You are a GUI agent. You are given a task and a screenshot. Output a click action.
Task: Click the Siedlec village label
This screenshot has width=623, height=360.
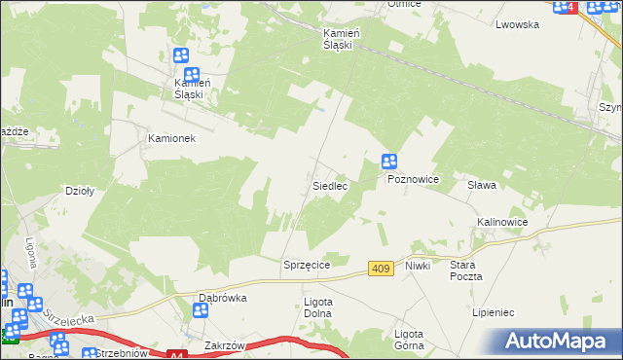pyautogui.click(x=330, y=185)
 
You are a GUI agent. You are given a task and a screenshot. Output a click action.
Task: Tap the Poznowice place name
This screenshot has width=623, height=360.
pyautogui.click(x=414, y=180)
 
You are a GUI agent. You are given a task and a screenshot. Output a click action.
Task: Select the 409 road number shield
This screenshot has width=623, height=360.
pyautogui.click(x=382, y=268)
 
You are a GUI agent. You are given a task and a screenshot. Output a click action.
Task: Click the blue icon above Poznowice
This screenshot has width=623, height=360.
pyautogui.click(x=389, y=162)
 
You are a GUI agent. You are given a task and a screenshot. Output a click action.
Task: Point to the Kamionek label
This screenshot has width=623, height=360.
pyautogui.click(x=171, y=138)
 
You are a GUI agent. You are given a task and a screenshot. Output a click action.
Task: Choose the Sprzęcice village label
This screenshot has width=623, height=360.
pyautogui.click(x=308, y=265)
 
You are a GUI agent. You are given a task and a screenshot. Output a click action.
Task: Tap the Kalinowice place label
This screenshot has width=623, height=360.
pyautogui.click(x=502, y=222)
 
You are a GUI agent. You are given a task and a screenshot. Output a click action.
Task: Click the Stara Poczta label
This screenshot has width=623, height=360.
pyautogui.click(x=466, y=270)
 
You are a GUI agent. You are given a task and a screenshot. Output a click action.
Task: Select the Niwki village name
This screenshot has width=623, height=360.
pyautogui.click(x=418, y=265)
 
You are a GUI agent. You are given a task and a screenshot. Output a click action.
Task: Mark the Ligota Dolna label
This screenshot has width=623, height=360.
pyautogui.click(x=318, y=307)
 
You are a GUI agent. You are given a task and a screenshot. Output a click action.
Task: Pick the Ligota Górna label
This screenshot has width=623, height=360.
pyautogui.click(x=408, y=339)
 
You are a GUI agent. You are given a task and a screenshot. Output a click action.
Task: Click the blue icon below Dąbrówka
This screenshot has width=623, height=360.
pyautogui.click(x=201, y=311)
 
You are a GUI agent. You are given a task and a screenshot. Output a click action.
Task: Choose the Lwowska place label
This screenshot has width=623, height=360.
pyautogui.click(x=517, y=25)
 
